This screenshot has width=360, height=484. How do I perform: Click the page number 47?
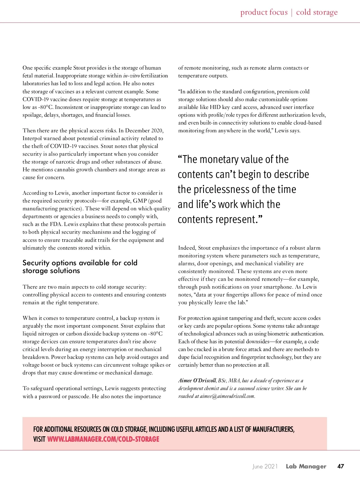340,466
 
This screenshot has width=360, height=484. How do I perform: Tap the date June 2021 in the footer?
265,466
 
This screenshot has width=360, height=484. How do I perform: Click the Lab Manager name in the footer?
306,466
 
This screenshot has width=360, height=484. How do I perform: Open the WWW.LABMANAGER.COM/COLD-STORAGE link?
103,439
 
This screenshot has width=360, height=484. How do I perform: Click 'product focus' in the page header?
264,12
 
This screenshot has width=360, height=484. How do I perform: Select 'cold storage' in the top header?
316,12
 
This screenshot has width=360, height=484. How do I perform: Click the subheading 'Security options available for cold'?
80,263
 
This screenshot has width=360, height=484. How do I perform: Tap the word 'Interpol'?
32,138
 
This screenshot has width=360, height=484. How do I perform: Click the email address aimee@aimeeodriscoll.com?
227,396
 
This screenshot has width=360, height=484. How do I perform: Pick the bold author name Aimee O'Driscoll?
197,380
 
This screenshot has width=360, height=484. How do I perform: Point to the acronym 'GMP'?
139,201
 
